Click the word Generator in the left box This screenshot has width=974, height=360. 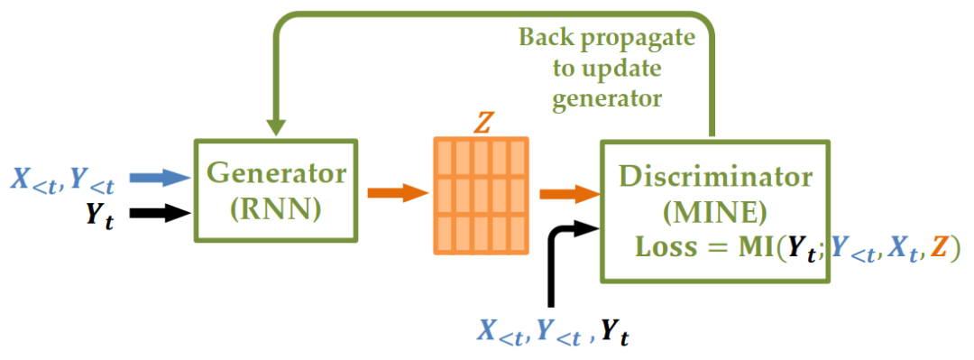[277, 173]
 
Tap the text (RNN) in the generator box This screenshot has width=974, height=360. [275, 210]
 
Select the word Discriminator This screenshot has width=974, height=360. [715, 178]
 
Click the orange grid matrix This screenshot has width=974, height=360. [481, 195]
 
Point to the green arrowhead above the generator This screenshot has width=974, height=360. [276, 127]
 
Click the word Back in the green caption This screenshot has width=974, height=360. [548, 39]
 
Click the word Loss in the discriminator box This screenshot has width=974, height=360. [662, 249]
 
